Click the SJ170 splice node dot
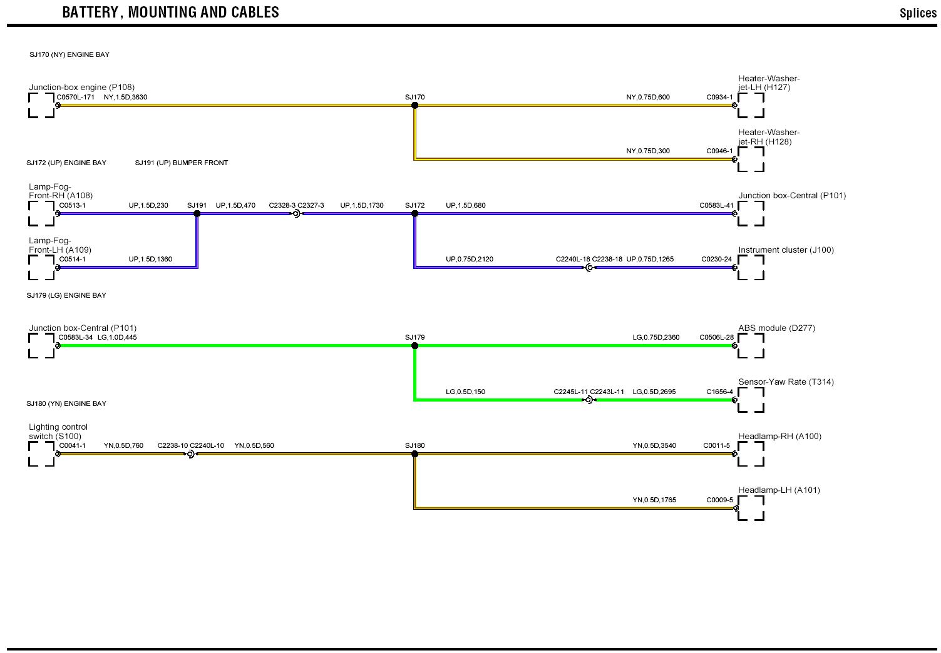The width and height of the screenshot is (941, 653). [x=414, y=106]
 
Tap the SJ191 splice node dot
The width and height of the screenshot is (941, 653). [x=197, y=214]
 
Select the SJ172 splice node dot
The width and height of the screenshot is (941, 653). [x=414, y=214]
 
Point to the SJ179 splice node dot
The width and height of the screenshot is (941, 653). [x=414, y=346]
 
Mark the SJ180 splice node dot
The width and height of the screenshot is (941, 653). [x=414, y=454]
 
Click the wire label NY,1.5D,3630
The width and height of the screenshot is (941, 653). [x=125, y=97]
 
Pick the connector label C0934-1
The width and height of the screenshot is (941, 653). [x=719, y=97]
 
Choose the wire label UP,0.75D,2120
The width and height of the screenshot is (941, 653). [x=469, y=259]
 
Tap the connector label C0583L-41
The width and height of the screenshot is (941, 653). [x=716, y=205]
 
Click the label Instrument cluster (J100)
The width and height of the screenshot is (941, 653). [x=786, y=250]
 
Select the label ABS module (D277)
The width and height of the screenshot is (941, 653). [x=776, y=328]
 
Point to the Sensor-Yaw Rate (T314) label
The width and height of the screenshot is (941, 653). [x=786, y=382]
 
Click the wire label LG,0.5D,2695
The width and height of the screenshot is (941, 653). [x=654, y=392]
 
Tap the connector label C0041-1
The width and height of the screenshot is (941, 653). [x=72, y=446]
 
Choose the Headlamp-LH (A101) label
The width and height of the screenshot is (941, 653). [x=779, y=490]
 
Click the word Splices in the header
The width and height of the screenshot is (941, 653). [x=917, y=13]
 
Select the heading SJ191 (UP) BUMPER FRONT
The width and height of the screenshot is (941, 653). [x=182, y=163]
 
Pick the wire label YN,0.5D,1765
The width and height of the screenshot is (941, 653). [x=654, y=500]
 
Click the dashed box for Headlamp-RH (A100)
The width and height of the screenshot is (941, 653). [x=751, y=454]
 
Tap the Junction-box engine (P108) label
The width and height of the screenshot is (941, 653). [x=81, y=88]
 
